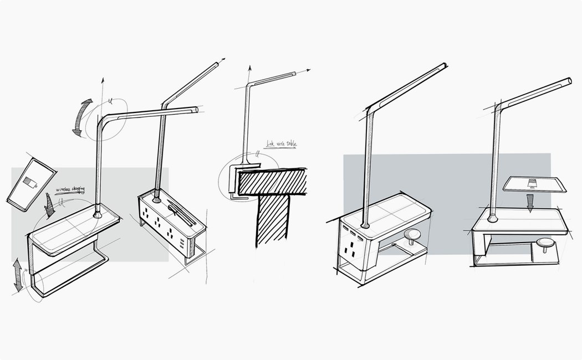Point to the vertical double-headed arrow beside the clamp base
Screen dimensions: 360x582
pyautogui.click(x=19, y=274)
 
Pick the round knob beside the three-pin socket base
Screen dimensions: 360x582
pyautogui.click(x=412, y=236)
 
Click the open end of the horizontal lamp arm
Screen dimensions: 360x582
pyautogui.click(x=195, y=110)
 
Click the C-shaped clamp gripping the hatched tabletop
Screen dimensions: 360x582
pyautogui.click(x=236, y=179)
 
